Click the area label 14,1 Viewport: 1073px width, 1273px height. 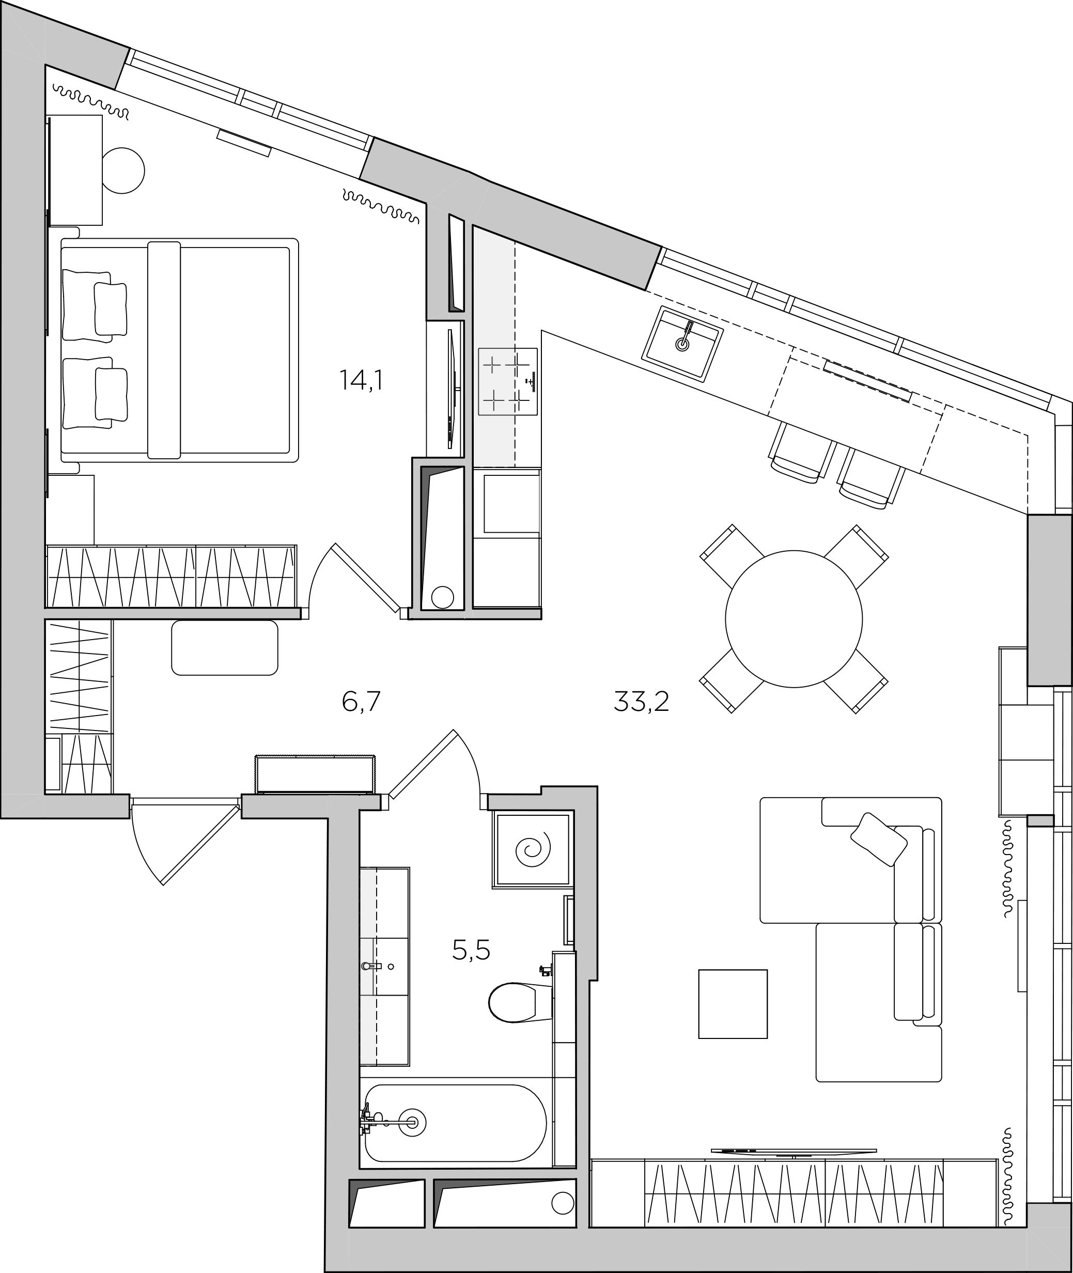361,380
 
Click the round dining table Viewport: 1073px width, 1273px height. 794,618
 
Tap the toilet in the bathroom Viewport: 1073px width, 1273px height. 521,1002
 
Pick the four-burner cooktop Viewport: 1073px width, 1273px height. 508,381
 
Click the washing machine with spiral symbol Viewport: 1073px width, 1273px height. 533,849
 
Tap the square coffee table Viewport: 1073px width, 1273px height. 733,1003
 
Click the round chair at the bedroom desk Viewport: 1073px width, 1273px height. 123,171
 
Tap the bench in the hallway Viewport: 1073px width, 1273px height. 224,648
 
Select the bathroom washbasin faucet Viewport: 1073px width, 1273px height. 371,966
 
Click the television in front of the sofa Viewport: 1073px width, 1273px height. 794,1151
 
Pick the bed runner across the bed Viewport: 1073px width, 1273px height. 164,350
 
